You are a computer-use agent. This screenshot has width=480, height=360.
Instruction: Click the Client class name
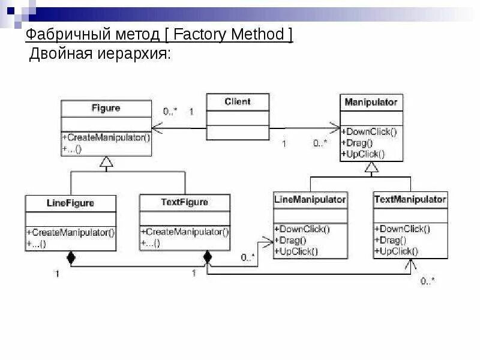(238, 101)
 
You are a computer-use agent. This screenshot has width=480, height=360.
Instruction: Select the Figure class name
(106, 108)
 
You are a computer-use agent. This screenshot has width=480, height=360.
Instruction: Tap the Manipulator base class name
(371, 102)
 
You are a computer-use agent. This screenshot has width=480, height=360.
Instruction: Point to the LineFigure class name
(70, 203)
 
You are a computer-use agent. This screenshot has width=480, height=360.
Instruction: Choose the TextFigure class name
(184, 202)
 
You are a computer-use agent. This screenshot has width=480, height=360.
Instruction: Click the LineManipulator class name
(310, 199)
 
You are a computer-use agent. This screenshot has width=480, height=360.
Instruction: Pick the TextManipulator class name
(410, 199)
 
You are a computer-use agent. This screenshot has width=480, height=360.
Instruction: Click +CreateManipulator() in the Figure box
(106, 137)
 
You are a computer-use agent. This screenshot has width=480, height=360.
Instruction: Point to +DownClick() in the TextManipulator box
(401, 229)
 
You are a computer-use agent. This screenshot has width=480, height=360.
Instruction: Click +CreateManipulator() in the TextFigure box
(184, 232)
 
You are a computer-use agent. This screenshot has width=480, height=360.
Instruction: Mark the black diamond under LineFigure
(71, 258)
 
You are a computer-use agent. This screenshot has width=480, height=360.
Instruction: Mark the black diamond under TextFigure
(208, 258)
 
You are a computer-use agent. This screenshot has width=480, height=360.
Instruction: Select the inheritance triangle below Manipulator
(371, 169)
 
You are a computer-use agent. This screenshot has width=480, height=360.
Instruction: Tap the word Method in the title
(256, 35)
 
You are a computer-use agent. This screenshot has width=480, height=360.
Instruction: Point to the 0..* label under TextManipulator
(428, 281)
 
